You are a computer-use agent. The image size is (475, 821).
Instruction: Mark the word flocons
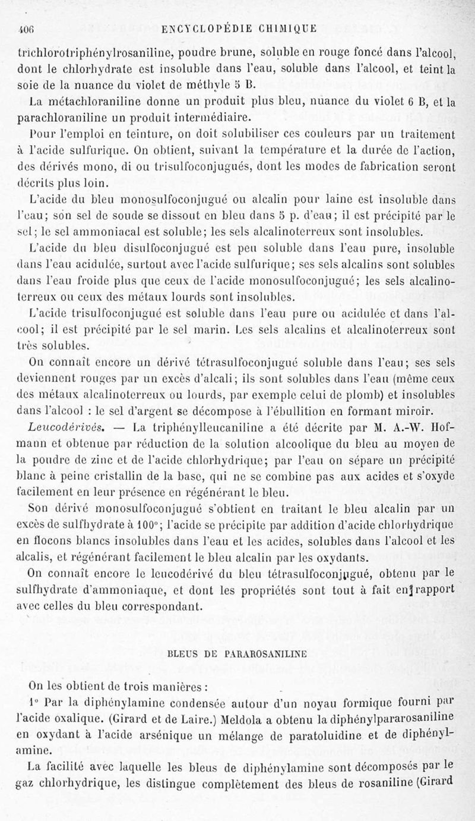[x=53, y=540]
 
